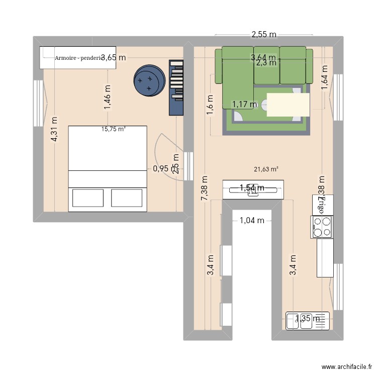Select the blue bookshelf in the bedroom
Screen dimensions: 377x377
(177, 87)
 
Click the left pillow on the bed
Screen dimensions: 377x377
(88, 198)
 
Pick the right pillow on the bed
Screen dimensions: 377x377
(127, 198)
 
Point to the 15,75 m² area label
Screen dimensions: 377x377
(113, 129)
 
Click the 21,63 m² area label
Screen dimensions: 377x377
(266, 169)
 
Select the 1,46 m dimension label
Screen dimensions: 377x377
(108, 97)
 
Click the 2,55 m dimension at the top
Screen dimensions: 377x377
(264, 35)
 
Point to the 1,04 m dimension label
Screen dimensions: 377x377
(252, 220)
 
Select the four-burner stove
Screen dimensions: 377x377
(322, 227)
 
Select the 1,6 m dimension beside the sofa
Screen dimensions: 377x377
(210, 105)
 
